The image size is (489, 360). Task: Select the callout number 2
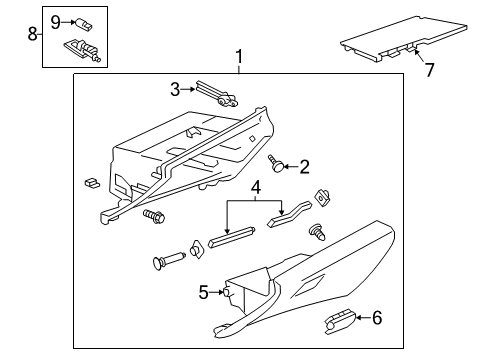303,166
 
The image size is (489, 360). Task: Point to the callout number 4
256,186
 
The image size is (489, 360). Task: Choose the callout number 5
204,292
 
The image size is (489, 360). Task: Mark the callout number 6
376,320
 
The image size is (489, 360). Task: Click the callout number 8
31,35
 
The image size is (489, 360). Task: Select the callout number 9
56,19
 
